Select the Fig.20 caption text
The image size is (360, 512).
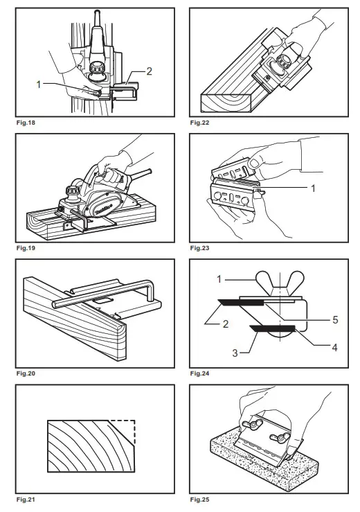pos(25,373)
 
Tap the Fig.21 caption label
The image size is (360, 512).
pos(25,499)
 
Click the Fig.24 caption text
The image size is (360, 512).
pos(200,373)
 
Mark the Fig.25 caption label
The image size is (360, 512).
pos(200,499)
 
